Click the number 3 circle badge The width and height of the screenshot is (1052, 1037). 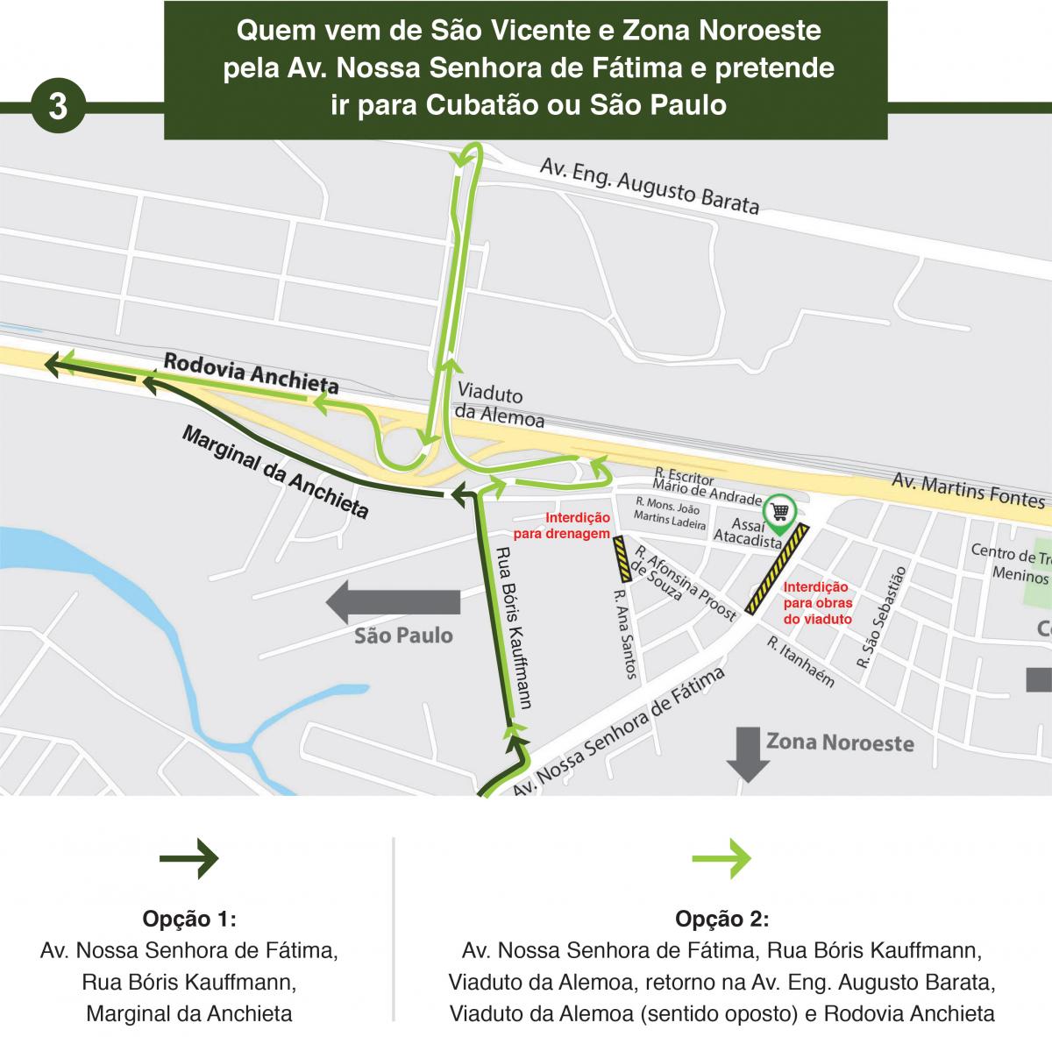point(58,106)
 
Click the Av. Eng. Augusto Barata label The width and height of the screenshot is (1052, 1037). point(649,186)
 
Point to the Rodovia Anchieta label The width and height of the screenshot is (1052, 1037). point(251,373)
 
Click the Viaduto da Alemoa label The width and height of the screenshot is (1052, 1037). point(499,406)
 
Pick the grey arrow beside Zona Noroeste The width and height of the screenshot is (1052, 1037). point(748,752)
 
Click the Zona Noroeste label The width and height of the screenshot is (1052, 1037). point(840,742)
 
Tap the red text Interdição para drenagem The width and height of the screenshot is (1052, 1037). point(577,525)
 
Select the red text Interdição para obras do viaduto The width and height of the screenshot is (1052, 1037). point(817,603)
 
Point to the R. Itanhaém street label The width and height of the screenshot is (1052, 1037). point(800,661)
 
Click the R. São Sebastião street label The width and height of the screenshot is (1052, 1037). point(880,617)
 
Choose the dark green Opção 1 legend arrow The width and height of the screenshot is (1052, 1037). point(188,858)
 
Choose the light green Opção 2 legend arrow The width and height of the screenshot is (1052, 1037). point(721,858)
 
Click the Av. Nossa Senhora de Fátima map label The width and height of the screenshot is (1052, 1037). point(619,734)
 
